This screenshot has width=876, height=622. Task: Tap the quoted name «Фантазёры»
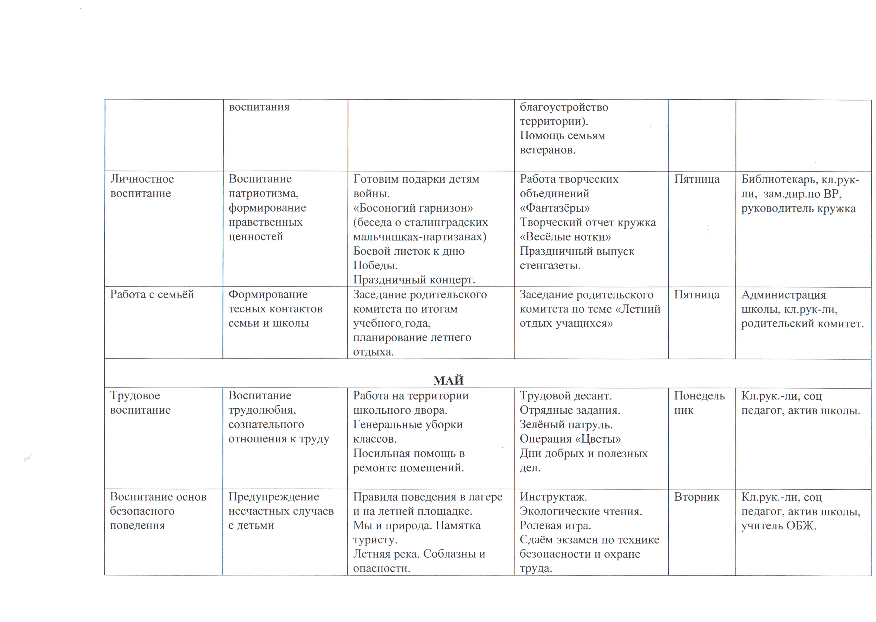click(554, 208)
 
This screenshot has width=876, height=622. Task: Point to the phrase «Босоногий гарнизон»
click(413, 208)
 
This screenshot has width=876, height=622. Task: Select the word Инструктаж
click(553, 497)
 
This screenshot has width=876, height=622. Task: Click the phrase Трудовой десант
click(566, 396)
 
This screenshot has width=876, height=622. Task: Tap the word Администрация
click(783, 295)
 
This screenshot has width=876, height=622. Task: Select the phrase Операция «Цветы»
click(570, 439)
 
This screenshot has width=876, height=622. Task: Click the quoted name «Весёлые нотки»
click(565, 237)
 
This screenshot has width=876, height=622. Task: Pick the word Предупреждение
click(273, 497)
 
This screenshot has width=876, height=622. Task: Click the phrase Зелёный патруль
click(566, 424)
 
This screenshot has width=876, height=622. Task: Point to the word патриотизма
click(263, 193)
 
